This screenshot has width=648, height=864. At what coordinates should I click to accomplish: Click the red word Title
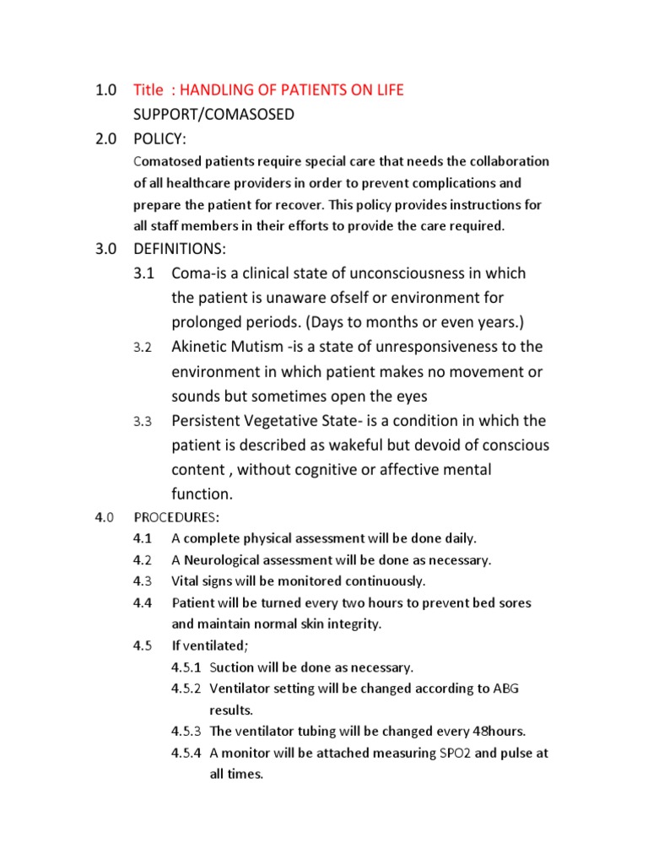(x=148, y=90)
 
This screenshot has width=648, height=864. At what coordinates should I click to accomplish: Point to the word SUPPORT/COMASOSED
(x=213, y=115)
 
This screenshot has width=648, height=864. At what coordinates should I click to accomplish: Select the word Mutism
(x=262, y=347)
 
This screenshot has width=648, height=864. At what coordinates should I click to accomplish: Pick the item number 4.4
(x=142, y=603)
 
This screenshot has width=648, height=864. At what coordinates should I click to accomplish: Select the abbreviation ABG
(x=505, y=688)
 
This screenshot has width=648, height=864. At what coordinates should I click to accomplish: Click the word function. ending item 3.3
(x=202, y=494)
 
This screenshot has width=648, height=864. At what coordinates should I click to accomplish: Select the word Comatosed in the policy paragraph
(x=165, y=161)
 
